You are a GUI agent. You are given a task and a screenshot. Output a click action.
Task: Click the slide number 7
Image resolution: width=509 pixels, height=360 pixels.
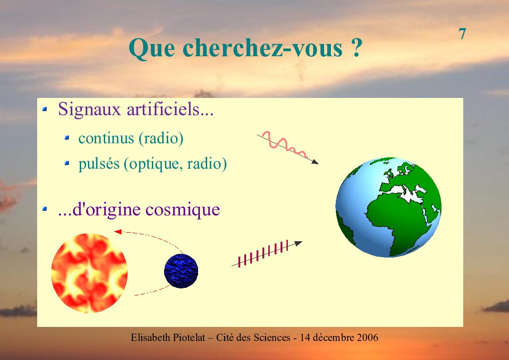[x=462, y=34]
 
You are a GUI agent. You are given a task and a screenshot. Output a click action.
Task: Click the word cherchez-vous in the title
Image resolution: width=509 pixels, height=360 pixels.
[x=262, y=48]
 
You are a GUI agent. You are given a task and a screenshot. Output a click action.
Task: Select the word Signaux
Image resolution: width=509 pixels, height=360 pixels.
[x=89, y=109]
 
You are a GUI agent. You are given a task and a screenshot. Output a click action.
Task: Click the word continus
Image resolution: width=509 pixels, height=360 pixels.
[x=106, y=138]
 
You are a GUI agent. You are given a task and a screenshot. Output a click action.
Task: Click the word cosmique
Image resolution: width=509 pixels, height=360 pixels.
[x=183, y=210]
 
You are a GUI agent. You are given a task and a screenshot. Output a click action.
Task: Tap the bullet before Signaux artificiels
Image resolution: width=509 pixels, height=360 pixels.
[x=45, y=109]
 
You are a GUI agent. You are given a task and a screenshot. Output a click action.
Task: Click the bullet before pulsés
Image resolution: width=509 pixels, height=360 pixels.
[x=67, y=163]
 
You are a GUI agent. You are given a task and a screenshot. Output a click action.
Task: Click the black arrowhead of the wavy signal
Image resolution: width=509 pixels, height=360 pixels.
[x=315, y=161]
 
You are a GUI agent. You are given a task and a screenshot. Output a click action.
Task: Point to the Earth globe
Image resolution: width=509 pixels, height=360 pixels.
[x=388, y=207]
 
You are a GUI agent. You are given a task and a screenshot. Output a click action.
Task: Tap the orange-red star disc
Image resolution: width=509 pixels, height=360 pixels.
[x=89, y=273]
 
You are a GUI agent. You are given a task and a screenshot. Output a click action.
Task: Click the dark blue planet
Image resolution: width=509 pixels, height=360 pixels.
[x=181, y=271]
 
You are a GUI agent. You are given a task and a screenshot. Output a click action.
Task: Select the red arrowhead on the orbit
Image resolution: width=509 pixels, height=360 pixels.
[x=117, y=232]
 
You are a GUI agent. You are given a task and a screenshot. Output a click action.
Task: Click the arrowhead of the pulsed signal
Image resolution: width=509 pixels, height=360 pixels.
[x=298, y=243]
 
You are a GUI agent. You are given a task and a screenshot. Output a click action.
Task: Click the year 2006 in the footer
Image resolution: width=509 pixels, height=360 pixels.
[x=368, y=338]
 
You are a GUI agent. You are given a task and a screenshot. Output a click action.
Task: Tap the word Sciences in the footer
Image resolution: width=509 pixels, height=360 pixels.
[x=271, y=338]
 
